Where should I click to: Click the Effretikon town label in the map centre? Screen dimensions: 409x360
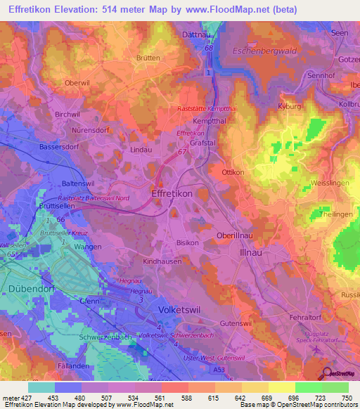(172, 192)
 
